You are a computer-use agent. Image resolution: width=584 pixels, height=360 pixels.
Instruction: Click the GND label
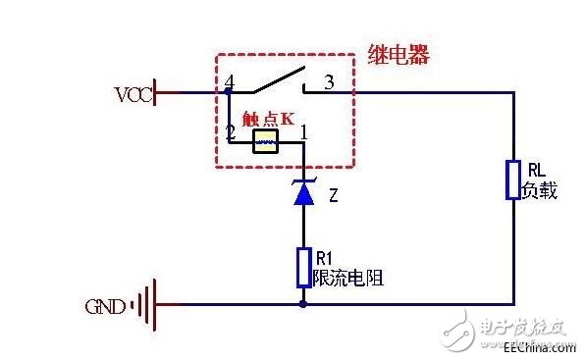(x=105, y=306)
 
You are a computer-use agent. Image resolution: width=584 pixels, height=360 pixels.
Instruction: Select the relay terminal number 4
(x=229, y=81)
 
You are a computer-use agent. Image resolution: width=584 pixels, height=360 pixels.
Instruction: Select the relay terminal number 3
(x=329, y=82)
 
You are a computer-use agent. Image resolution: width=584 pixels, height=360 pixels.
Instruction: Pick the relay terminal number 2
(x=229, y=130)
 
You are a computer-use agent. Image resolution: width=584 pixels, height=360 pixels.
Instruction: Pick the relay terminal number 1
(x=304, y=130)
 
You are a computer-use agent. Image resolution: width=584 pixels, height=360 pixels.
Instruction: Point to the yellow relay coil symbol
(x=266, y=143)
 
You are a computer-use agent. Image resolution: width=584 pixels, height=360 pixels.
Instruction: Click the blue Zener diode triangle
(x=303, y=194)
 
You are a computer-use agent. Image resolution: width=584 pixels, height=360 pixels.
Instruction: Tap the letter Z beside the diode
(x=334, y=196)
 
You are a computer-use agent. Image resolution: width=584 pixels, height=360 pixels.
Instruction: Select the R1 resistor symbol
(x=303, y=267)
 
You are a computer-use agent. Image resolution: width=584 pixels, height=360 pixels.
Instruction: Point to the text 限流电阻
(x=346, y=279)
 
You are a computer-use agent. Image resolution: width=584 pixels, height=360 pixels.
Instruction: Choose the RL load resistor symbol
(x=512, y=180)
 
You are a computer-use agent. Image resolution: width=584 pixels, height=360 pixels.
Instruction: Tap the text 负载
(x=541, y=190)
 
